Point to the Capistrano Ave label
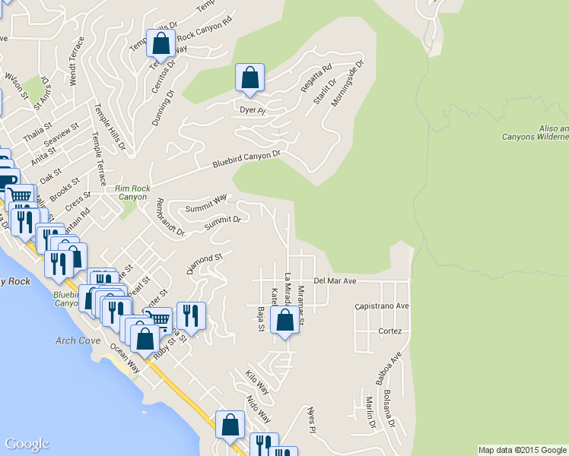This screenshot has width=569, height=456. (x=382, y=306)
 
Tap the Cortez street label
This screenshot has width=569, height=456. (x=389, y=331)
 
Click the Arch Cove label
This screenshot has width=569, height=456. (x=78, y=340)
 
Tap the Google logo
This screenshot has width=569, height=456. (x=27, y=444)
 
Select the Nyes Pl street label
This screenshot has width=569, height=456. (x=310, y=419)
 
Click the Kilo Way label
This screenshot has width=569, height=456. (x=257, y=382)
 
